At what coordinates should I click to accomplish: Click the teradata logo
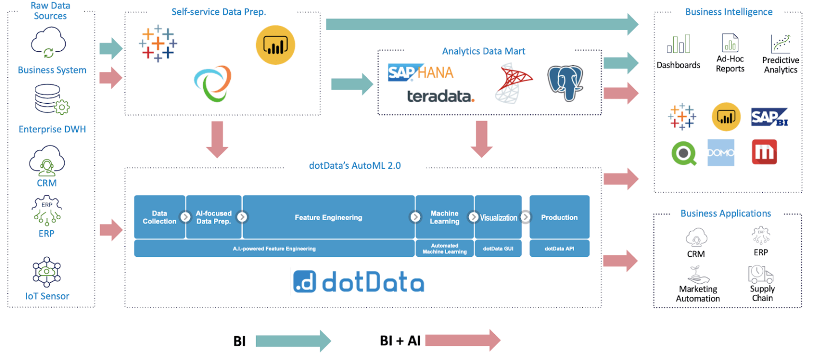pyautogui.click(x=440, y=96)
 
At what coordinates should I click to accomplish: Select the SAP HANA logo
pyautogui.click(x=420, y=73)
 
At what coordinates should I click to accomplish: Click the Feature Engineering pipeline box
pyautogui.click(x=328, y=217)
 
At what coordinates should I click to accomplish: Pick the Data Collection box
pyautogui.click(x=159, y=217)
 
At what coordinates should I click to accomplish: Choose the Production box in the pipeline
pyautogui.click(x=559, y=217)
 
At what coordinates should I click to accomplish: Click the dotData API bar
pyautogui.click(x=559, y=248)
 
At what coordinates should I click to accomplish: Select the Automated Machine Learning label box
pyautogui.click(x=444, y=248)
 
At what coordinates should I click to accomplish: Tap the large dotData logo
pyautogui.click(x=358, y=282)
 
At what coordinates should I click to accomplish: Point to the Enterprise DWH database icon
pyautogui.click(x=52, y=100)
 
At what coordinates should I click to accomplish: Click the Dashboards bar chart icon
pyautogui.click(x=678, y=44)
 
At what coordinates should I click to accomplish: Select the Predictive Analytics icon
pyautogui.click(x=780, y=43)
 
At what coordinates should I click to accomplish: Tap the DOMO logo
pyautogui.click(x=720, y=152)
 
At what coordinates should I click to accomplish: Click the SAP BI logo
pyautogui.click(x=769, y=117)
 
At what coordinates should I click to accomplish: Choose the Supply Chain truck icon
pyautogui.click(x=761, y=274)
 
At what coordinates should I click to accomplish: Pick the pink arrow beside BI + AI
pyautogui.click(x=463, y=340)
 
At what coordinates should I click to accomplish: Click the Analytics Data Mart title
pyautogui.click(x=483, y=51)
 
